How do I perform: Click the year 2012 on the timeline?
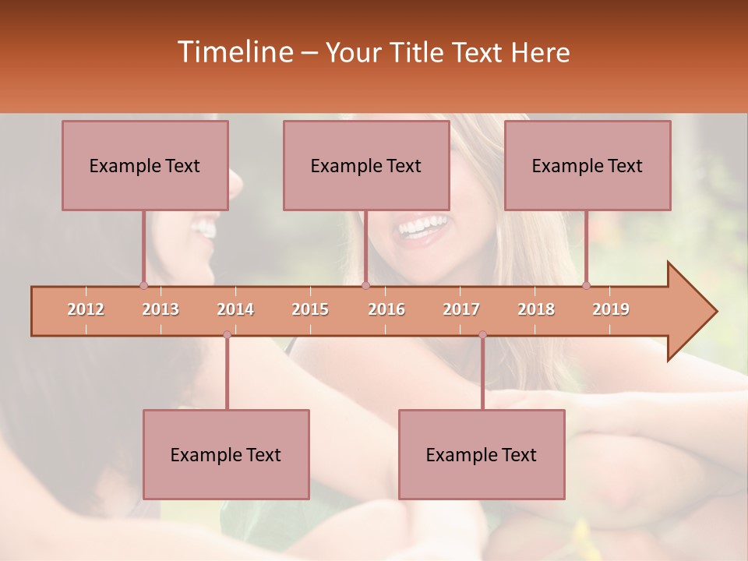pos(86,309)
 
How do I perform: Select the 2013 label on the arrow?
pos(161,309)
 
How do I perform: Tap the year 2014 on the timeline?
pos(235,309)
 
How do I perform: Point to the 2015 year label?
pos(310,309)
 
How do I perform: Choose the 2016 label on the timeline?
pos(386,309)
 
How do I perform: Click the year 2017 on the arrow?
pos(461,309)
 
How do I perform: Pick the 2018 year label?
pos(536,309)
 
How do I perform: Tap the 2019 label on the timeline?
pos(611,309)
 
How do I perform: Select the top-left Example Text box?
pos(145,165)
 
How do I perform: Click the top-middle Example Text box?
pos(366,165)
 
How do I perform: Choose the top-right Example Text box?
pos(587,165)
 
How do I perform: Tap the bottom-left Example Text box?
pos(226,454)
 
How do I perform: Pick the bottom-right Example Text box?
pos(482,454)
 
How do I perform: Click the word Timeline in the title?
pos(235,52)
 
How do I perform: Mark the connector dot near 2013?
pos(143,285)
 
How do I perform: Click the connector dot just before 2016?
pos(365,285)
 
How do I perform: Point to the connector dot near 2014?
pos(227,334)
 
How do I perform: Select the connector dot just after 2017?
pos(482,334)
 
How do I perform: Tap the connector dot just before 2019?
pos(586,285)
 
